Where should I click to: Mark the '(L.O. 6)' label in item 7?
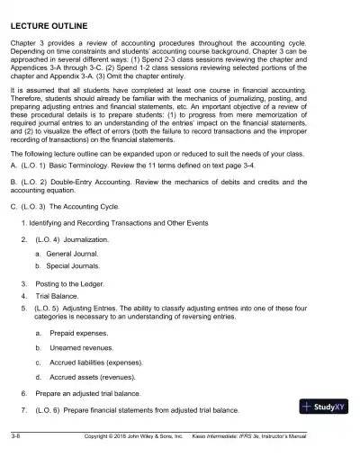pos(48,411)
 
